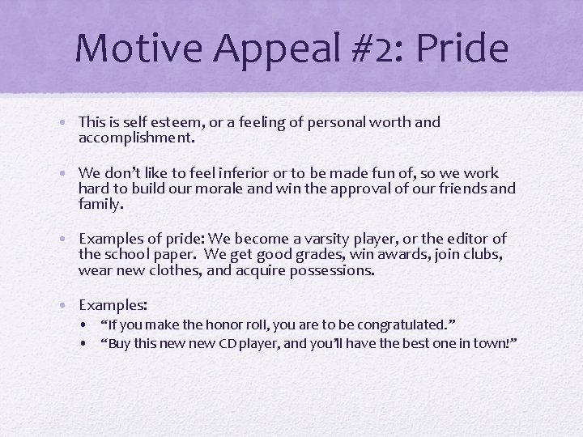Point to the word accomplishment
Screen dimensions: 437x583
(135, 138)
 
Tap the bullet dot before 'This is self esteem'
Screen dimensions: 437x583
(70, 123)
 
